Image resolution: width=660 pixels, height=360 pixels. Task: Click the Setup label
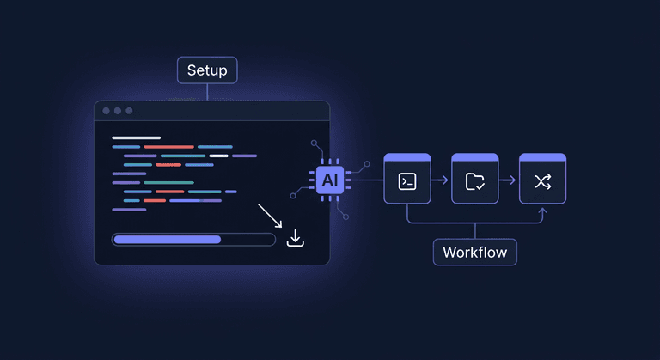click(206, 70)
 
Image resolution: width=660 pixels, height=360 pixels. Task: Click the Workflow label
click(474, 253)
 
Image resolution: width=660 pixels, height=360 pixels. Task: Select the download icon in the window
click(295, 238)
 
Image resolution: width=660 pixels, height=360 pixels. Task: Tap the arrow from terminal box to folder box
click(441, 180)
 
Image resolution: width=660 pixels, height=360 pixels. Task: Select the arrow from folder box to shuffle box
click(509, 180)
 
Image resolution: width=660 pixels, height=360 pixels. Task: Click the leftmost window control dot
click(106, 111)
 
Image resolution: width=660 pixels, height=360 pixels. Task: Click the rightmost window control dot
click(130, 111)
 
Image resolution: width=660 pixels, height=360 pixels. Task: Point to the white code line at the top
click(136, 137)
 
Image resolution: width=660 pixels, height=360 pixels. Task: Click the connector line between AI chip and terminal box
click(365, 180)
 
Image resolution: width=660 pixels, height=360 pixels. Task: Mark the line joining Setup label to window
click(206, 92)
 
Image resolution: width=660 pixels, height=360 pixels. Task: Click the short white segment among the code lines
click(218, 156)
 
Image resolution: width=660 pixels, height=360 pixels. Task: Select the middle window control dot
click(118, 111)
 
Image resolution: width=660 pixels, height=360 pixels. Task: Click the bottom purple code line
click(129, 209)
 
